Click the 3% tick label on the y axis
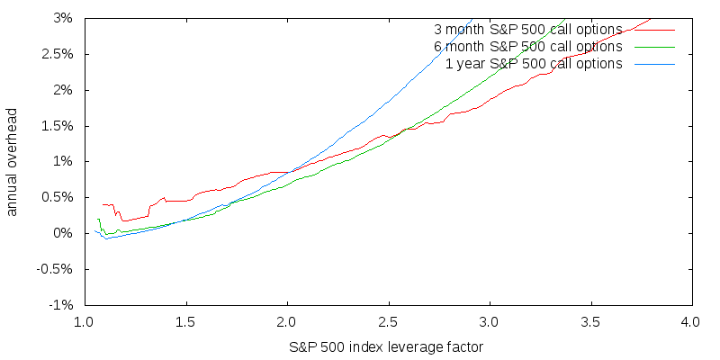coord(64,18)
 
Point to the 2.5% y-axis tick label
coord(58,54)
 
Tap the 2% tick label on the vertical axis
coord(64,90)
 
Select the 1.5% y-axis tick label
coord(58,125)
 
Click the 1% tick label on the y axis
coord(64,161)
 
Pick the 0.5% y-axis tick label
coord(58,197)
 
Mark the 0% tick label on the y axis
coord(64,233)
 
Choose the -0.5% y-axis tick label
coord(56,269)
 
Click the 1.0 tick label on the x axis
coord(84,321)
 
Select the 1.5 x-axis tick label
coord(185,321)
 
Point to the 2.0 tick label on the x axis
coord(286,321)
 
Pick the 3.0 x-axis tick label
coord(489,321)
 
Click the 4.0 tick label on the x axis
coord(691,321)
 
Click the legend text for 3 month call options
coord(528,29)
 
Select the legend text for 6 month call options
coord(528,46)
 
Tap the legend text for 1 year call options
coord(534,63)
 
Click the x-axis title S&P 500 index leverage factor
coord(387,346)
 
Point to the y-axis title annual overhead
coord(13,162)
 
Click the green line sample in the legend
coord(653,47)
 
